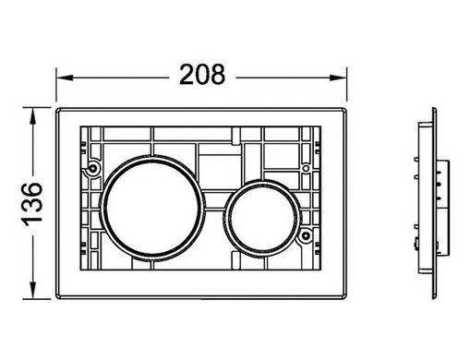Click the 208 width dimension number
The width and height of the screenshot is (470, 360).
tap(202, 75)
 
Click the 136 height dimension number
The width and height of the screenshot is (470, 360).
tap(32, 204)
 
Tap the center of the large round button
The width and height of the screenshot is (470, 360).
tap(151, 208)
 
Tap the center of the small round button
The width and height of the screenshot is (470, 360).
tap(262, 218)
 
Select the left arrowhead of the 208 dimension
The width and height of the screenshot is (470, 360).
tap(65, 78)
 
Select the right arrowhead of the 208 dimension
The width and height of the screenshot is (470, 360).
tap(338, 78)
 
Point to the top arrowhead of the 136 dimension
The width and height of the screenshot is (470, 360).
tap(32, 115)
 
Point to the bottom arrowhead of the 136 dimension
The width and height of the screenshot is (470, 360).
tap(32, 290)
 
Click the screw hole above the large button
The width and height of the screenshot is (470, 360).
tap(92, 168)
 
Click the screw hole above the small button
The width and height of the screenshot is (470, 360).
tap(306, 168)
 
